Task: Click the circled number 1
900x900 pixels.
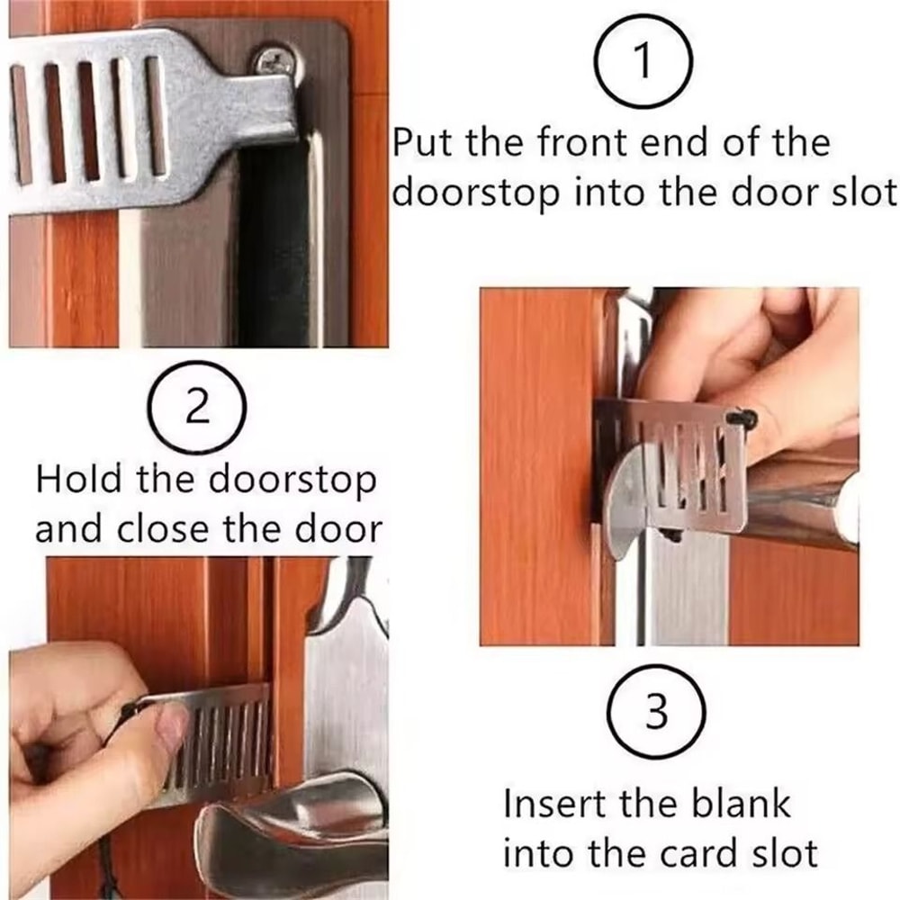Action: click(x=642, y=62)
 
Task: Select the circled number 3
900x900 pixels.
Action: click(x=658, y=715)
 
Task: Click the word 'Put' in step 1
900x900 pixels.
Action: click(x=428, y=144)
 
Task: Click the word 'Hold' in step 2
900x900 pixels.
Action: click(x=79, y=480)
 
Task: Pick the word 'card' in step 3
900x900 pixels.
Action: click(x=699, y=851)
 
